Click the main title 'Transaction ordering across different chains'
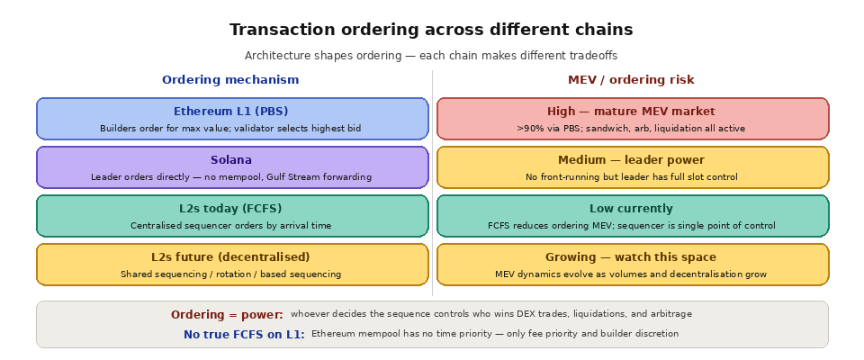coord(431,30)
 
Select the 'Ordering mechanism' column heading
coord(230,80)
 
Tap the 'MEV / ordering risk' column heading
coord(631,80)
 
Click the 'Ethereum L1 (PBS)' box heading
coord(231,112)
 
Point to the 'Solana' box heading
coord(231,160)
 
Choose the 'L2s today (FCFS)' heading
coord(231,209)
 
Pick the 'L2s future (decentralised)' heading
coord(231,257)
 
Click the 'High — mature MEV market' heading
coord(631,112)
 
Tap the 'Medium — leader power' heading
coord(631,160)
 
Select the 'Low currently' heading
coord(631,209)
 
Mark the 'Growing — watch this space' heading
coord(631,257)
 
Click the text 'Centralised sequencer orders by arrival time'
coord(231,226)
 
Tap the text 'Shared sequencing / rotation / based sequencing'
coord(231,274)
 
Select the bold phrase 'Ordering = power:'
coord(227,315)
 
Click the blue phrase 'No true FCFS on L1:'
coord(244,335)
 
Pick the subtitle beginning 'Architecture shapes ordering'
coord(431,56)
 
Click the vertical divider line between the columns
coord(432,180)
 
